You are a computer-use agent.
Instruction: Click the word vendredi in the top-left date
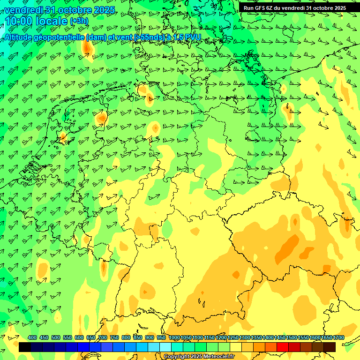pos(23,10)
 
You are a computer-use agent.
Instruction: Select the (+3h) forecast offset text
pos(79,21)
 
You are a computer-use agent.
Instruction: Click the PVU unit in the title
pos(193,37)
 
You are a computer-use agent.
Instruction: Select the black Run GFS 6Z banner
pos(295,8)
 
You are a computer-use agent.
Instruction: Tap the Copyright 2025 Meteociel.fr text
pos(199,356)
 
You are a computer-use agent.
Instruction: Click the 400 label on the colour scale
pos(32,337)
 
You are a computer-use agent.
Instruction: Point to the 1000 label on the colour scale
pos(174,337)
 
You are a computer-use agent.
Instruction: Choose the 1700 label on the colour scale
pos(339,337)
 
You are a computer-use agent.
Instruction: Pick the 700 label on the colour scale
pos(103,337)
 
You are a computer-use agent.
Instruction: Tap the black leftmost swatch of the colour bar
pos(24,347)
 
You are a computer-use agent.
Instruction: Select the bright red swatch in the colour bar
pos(283,347)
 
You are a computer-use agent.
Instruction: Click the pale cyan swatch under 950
pos(165,347)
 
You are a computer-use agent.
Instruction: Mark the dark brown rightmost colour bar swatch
pos(330,347)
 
